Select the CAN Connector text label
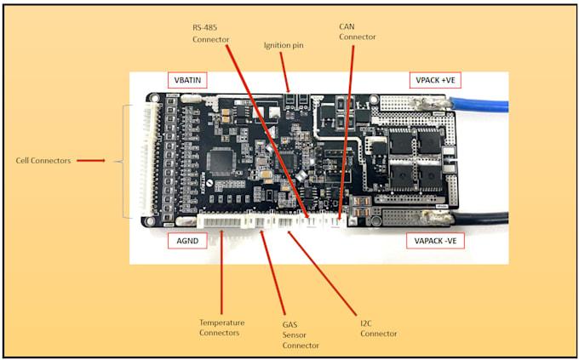[357, 32]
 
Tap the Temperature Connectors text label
[221, 328]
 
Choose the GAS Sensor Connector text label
[301, 334]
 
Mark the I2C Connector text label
[378, 328]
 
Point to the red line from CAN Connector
[349, 128]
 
